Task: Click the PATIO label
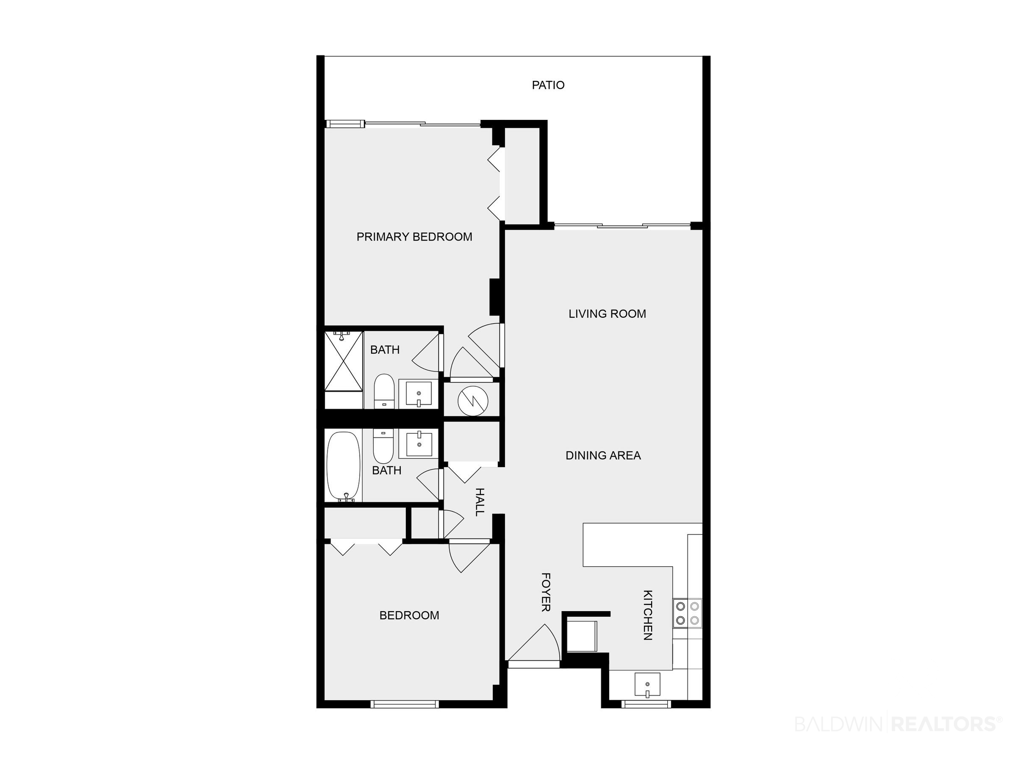[x=548, y=85]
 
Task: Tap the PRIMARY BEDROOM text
[x=414, y=237]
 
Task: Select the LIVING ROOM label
[x=607, y=314]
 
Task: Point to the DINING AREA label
[x=603, y=455]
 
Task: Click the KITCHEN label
[x=648, y=615]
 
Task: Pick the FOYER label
[x=546, y=592]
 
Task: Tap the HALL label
[x=480, y=502]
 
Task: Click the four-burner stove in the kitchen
[x=687, y=613]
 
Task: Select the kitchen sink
[x=647, y=684]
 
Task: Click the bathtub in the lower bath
[x=344, y=466]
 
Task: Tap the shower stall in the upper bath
[x=344, y=361]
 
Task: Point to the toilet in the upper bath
[x=384, y=391]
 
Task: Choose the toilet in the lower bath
[x=383, y=446]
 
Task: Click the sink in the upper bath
[x=418, y=393]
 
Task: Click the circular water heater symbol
[x=473, y=399]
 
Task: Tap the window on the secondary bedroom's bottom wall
[x=405, y=704]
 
